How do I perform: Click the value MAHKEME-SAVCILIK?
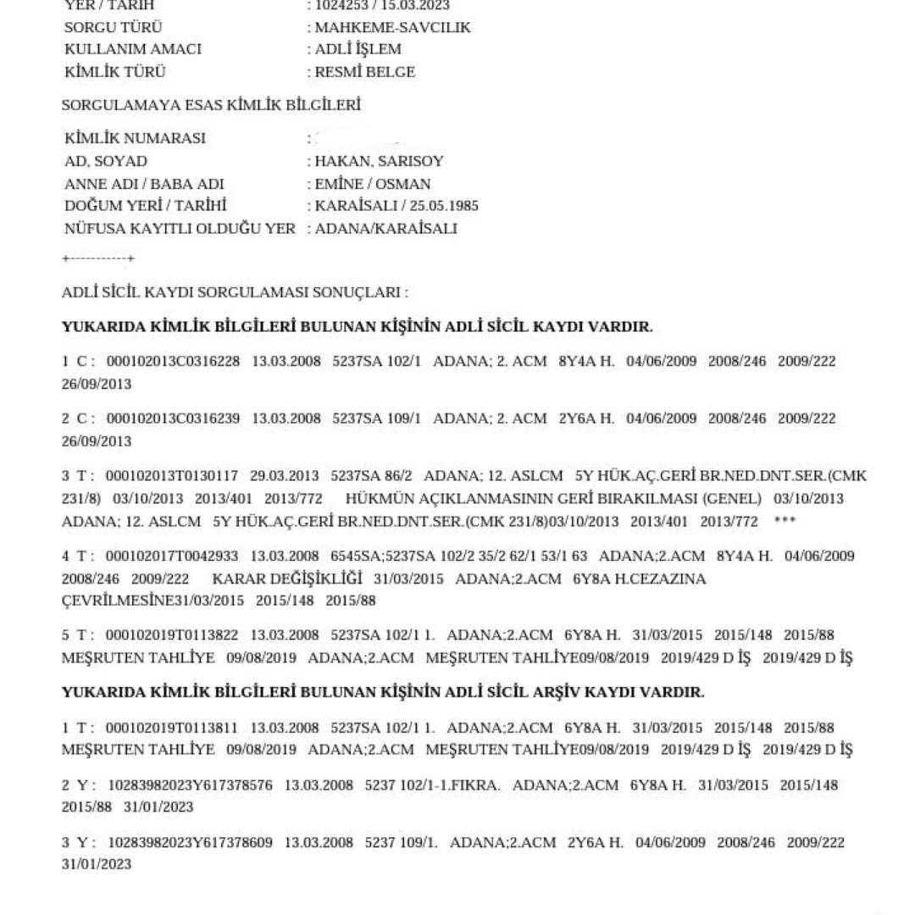point(392,28)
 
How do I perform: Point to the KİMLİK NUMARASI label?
point(135,139)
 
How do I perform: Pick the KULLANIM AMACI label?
point(133,50)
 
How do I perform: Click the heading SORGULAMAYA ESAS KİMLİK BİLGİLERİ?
point(212,106)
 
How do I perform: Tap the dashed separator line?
point(99,258)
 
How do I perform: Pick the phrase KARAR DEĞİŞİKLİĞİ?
point(287,579)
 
